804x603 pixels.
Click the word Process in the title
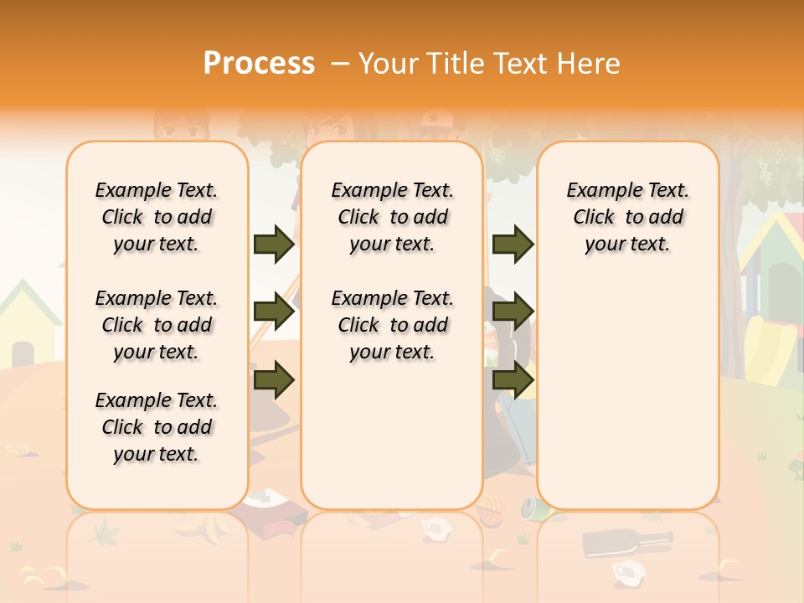pyautogui.click(x=259, y=64)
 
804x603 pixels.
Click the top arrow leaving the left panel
pyautogui.click(x=274, y=245)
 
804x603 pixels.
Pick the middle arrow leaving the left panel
pyautogui.click(x=274, y=312)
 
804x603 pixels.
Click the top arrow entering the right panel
pyautogui.click(x=513, y=245)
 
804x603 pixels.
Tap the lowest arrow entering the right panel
pyautogui.click(x=513, y=379)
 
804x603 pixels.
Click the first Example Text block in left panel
pyautogui.click(x=157, y=217)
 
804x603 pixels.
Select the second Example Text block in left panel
pyautogui.click(x=157, y=325)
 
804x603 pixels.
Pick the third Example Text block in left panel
pyautogui.click(x=157, y=427)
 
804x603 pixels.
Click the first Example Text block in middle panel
pyautogui.click(x=392, y=217)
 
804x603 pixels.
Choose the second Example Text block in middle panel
pyautogui.click(x=392, y=325)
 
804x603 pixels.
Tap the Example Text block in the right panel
pyautogui.click(x=627, y=217)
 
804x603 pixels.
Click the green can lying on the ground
pyautogui.click(x=530, y=505)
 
